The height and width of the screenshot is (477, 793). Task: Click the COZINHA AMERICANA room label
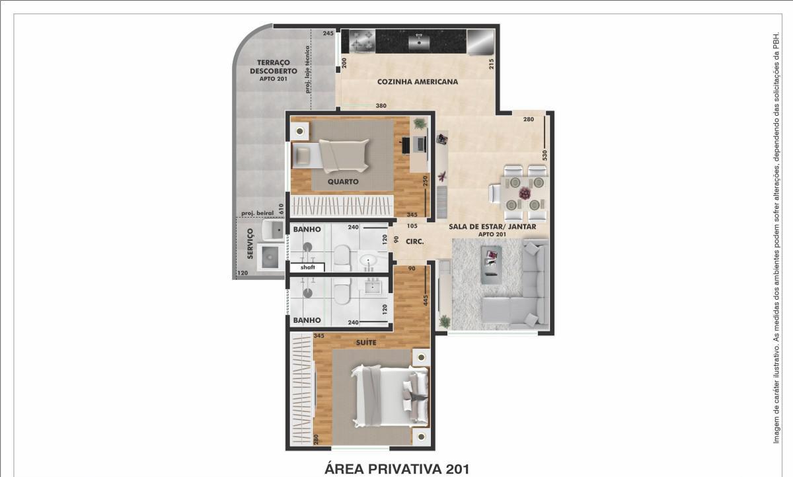(x=418, y=82)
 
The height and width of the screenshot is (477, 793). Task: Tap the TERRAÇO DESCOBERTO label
(x=274, y=67)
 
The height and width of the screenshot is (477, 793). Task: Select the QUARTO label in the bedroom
(x=343, y=182)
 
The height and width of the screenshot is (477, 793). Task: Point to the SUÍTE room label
(x=366, y=342)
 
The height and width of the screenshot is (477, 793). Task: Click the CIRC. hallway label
(x=414, y=241)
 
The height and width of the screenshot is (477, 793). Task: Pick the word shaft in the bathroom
(x=308, y=267)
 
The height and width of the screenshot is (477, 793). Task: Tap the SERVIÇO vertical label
(x=250, y=243)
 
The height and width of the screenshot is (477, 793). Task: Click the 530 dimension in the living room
(x=545, y=155)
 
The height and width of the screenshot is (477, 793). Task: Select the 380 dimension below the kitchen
(x=381, y=106)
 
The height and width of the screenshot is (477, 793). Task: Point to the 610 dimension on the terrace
(x=281, y=208)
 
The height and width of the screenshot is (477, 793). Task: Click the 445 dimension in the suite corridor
(x=426, y=300)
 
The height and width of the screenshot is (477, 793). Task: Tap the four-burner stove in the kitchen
(x=362, y=41)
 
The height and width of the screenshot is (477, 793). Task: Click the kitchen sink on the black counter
(x=419, y=42)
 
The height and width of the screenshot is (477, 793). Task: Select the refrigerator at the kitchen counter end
(x=480, y=42)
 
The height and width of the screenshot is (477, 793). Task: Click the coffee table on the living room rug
(x=492, y=265)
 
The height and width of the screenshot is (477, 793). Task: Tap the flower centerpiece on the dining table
(x=525, y=193)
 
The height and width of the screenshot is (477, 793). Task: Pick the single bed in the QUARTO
(x=330, y=155)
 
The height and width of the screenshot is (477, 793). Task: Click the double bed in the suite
(x=389, y=396)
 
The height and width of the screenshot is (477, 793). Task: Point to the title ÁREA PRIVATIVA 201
(x=397, y=469)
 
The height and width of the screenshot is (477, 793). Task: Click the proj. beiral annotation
(x=257, y=213)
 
